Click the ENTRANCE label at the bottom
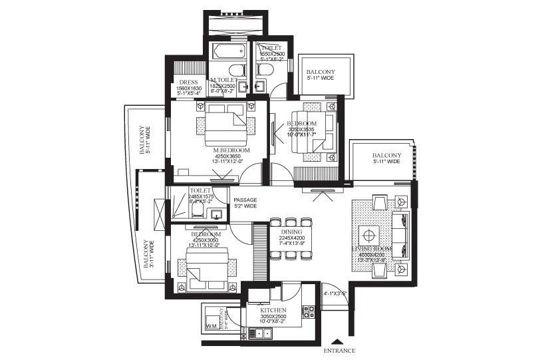coord(339,351)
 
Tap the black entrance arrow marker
coord(340,340)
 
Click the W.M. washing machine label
coord(212,326)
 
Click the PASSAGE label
coord(244,200)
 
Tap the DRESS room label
coord(189,83)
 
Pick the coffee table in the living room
coord(369,236)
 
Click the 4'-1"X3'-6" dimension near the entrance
coord(335,293)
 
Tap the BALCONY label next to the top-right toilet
coord(320,72)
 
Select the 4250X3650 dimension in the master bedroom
coord(221,158)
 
